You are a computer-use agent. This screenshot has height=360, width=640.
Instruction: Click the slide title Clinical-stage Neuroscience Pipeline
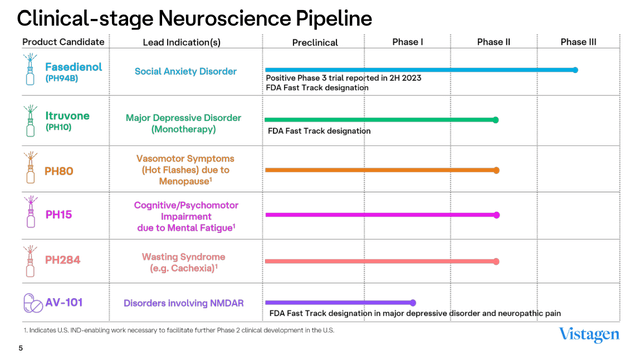(195, 18)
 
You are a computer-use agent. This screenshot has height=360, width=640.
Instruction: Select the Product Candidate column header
(63, 42)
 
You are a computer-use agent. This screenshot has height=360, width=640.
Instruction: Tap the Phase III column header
(578, 42)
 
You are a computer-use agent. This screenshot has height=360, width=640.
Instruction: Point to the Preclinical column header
(315, 43)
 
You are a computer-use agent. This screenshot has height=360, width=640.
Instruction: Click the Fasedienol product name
(73, 67)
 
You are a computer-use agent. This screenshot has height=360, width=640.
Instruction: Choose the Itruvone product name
(67, 116)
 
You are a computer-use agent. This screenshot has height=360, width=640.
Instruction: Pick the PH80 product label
(59, 171)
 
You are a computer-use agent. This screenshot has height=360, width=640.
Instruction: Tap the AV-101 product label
(64, 302)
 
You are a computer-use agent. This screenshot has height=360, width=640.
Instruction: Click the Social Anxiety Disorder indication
(186, 72)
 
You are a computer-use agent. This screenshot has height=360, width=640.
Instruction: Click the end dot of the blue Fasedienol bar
(576, 70)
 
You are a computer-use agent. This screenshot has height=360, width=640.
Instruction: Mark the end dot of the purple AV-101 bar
(413, 303)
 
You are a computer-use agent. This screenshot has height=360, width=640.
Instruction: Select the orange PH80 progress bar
(380, 170)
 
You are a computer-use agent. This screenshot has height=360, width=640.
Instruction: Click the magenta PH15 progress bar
(380, 214)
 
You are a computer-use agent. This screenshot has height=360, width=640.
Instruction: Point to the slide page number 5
(20, 349)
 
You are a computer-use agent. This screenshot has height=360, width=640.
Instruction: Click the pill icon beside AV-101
(33, 302)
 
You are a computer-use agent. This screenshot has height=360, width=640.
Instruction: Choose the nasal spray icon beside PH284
(30, 260)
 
